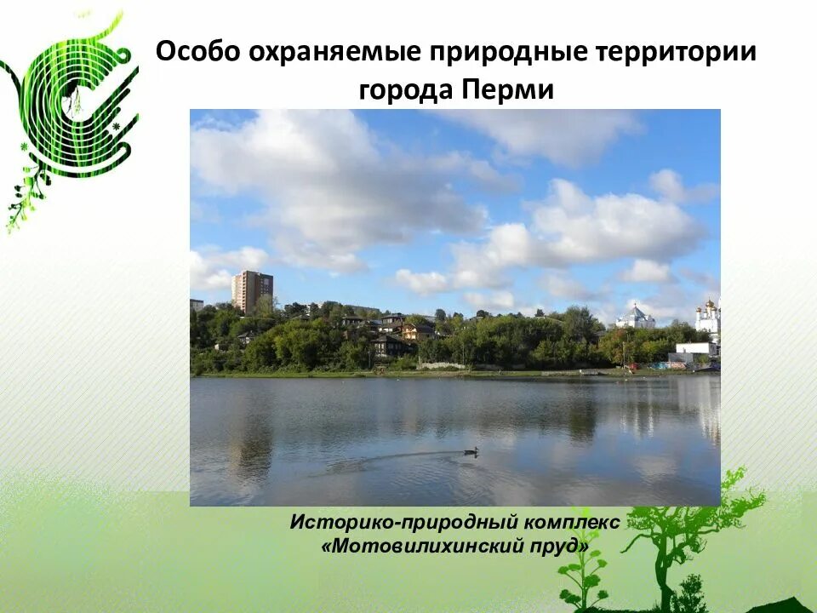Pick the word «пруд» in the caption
[x=558, y=546]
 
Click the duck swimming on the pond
[x=470, y=451]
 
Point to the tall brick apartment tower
[x=252, y=290]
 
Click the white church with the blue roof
[x=636, y=318]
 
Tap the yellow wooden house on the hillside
[x=417, y=330]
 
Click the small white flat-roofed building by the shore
[x=695, y=349]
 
